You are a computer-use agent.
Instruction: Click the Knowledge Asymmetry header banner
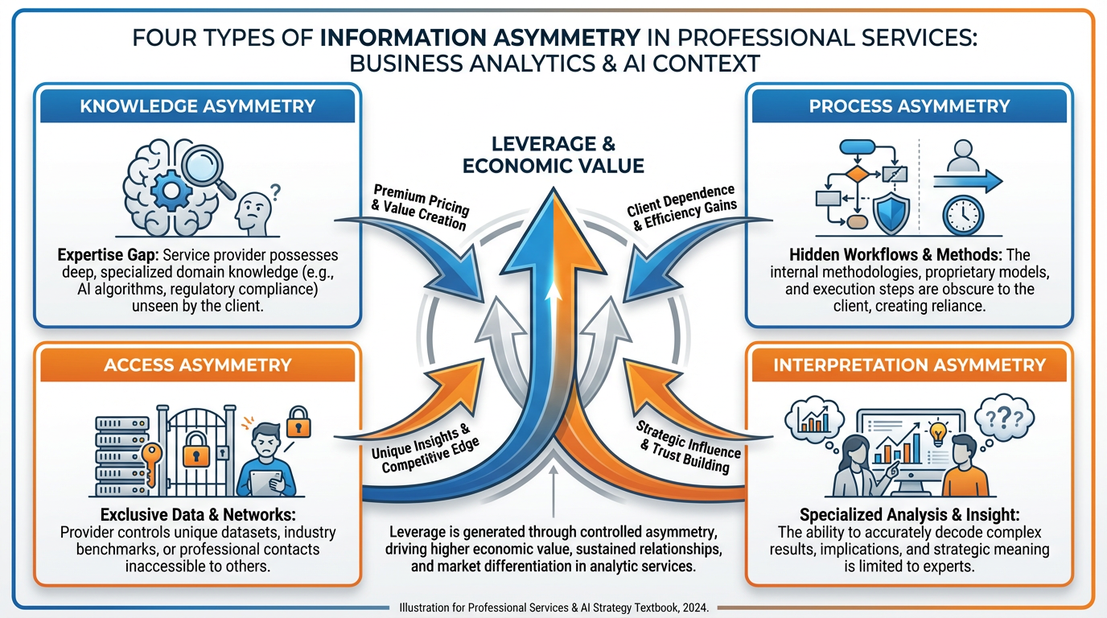197,106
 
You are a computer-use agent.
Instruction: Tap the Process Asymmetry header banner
909,106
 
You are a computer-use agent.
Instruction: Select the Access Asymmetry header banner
197,365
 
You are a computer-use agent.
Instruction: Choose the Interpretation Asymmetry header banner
909,365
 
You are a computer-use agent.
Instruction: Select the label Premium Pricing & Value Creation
419,208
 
